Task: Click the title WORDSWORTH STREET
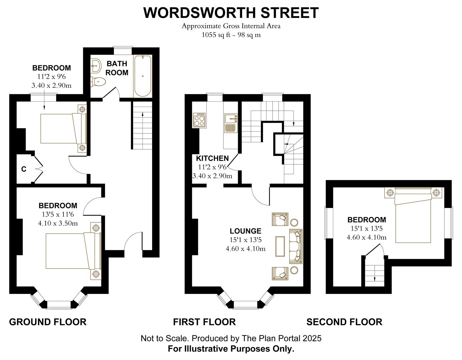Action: tap(231, 13)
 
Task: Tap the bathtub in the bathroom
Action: tap(142, 76)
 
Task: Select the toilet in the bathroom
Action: tap(97, 81)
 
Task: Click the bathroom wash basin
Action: tap(96, 65)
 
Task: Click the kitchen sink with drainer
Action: tap(230, 123)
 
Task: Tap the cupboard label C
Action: tap(24, 169)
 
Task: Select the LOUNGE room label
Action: tap(245, 231)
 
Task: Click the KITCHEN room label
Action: tap(212, 158)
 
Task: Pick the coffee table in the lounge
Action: tap(280, 246)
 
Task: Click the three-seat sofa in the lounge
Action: tap(296, 246)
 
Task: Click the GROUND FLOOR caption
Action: tap(48, 322)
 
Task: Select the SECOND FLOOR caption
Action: tap(344, 322)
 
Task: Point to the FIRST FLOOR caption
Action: tap(204, 322)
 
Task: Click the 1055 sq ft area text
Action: tap(231, 35)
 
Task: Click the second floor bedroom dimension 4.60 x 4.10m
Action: tap(367, 237)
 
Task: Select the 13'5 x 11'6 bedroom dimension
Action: tap(58, 214)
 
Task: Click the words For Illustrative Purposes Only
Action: tap(231, 349)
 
